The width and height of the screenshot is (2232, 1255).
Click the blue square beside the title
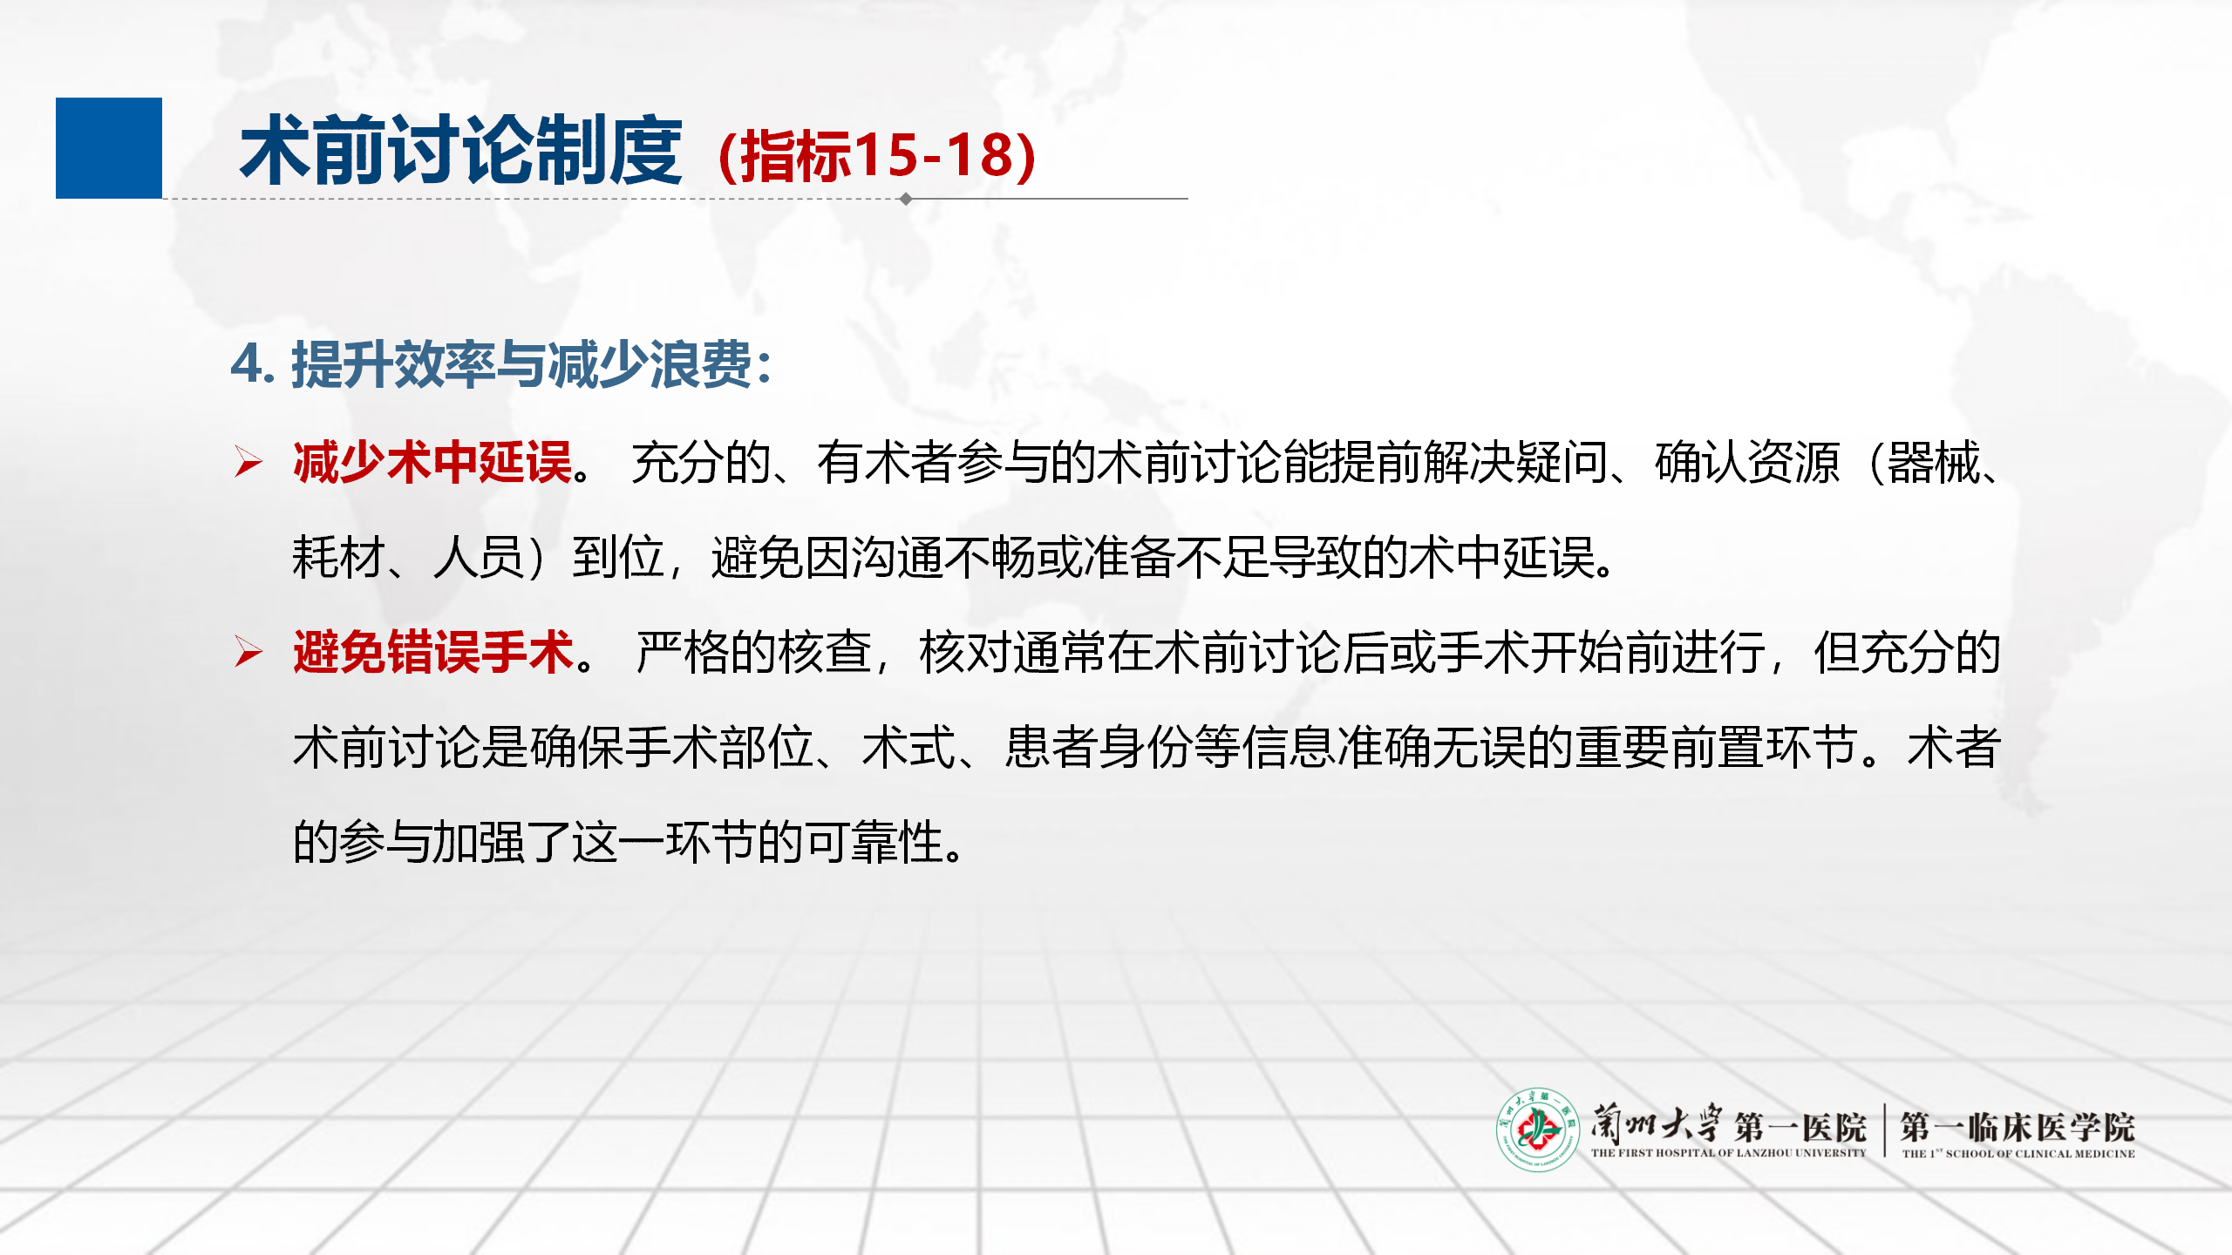(x=109, y=148)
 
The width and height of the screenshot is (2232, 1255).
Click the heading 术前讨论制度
(x=461, y=151)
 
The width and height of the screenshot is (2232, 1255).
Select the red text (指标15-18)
(x=877, y=156)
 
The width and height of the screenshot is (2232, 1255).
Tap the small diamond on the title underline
(x=906, y=199)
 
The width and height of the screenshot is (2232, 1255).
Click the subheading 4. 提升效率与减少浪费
(x=500, y=364)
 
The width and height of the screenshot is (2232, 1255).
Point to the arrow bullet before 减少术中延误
(x=248, y=462)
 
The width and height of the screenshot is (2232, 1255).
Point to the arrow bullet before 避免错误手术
(x=248, y=652)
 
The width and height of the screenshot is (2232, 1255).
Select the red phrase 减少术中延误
(x=433, y=462)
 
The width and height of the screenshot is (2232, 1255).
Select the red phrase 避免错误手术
(x=433, y=652)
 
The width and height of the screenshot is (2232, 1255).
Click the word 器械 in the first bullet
(x=1933, y=462)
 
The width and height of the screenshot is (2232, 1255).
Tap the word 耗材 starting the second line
(x=339, y=557)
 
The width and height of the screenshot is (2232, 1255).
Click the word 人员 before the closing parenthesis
(x=480, y=557)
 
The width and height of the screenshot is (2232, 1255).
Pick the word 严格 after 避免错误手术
(x=683, y=652)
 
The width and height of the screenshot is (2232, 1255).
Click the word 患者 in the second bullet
(x=1051, y=747)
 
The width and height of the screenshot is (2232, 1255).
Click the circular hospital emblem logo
(x=1538, y=1129)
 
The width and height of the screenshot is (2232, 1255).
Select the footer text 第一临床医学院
(x=2018, y=1127)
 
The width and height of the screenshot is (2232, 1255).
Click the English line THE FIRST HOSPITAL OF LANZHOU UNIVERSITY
(x=1728, y=1153)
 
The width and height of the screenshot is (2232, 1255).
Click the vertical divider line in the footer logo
(x=1885, y=1130)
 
